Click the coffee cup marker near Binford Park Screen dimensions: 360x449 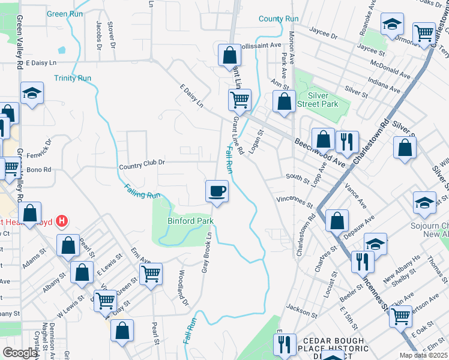(217, 192)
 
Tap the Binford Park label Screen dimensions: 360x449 (190, 221)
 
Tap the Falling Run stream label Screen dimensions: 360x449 (143, 191)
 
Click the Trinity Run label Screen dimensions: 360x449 (73, 79)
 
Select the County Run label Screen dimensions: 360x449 (279, 19)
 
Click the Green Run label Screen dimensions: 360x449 (65, 14)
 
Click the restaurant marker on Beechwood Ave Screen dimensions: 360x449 (347, 142)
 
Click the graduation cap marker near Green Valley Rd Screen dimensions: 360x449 (32, 93)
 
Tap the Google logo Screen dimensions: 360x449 (20, 353)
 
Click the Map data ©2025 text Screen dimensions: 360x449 (423, 355)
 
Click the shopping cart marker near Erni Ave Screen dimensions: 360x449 (151, 274)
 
